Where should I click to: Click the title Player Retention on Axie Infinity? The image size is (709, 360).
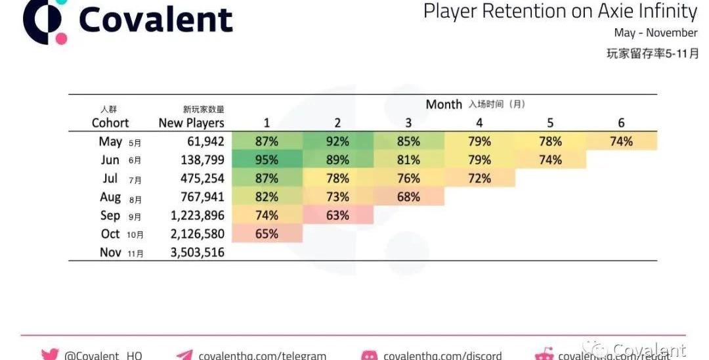point(560,11)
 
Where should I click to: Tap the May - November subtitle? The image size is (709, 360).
point(655,32)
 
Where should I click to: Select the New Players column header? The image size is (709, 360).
point(191,123)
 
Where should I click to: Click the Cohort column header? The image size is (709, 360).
point(110,123)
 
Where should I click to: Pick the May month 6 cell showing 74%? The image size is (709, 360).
point(621,141)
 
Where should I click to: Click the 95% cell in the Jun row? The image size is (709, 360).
point(267,160)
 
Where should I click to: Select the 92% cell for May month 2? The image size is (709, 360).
point(337,141)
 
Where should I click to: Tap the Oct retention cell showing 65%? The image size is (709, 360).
point(267,233)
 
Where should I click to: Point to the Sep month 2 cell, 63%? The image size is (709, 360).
point(337,215)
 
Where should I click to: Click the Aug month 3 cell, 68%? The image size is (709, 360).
point(408,196)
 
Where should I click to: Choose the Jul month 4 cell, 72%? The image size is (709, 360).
point(479,178)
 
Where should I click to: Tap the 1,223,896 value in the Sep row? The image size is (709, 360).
point(196,215)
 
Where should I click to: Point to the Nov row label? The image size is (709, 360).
point(110,252)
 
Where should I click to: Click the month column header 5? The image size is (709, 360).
point(550,123)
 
